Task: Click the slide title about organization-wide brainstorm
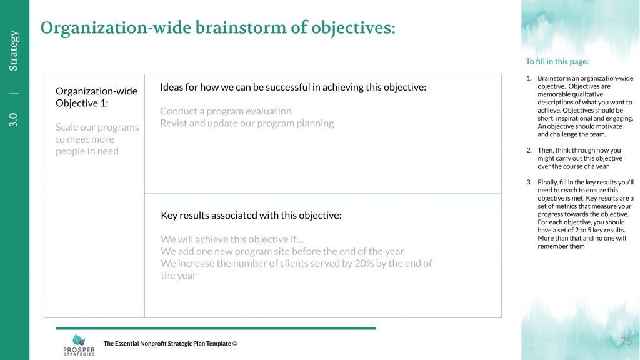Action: point(217,28)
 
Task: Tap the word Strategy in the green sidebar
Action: point(14,51)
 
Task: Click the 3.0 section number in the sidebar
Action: point(14,119)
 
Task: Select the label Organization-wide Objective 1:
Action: point(96,97)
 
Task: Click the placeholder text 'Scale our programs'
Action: point(97,127)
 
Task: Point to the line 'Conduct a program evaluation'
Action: point(226,111)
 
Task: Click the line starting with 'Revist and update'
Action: point(246,123)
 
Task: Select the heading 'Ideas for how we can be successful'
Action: point(293,87)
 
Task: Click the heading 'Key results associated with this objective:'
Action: point(251,216)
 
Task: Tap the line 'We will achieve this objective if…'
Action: point(232,239)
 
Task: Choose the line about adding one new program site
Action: point(282,251)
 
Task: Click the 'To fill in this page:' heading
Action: point(557,62)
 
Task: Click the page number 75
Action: point(626,341)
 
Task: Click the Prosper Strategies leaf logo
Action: point(79,340)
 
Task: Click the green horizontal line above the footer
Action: point(216,328)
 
